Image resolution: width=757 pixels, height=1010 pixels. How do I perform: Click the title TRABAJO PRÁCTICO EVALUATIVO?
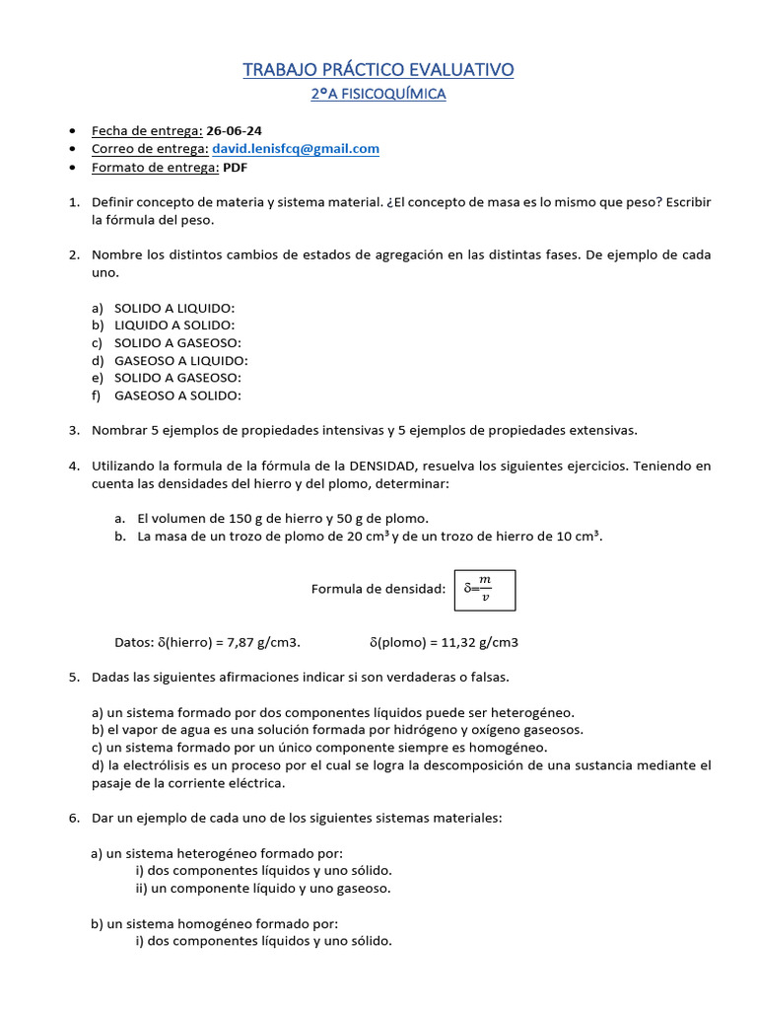click(x=378, y=69)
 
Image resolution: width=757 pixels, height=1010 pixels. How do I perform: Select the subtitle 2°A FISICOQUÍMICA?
click(x=378, y=95)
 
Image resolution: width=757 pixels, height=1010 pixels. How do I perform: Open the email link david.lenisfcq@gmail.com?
click(x=296, y=149)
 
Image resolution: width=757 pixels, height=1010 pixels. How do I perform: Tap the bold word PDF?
click(x=235, y=168)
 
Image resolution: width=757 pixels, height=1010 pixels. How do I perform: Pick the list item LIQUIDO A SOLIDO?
click(x=174, y=325)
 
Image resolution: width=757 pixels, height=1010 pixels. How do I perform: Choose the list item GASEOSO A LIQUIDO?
click(x=181, y=360)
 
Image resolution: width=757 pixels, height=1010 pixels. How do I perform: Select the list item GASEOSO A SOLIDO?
click(x=177, y=396)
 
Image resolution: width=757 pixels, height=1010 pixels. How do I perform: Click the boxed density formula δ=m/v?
click(x=484, y=590)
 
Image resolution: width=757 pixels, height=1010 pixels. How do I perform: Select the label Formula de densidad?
click(x=378, y=589)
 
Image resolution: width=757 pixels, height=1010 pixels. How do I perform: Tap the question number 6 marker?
click(x=74, y=818)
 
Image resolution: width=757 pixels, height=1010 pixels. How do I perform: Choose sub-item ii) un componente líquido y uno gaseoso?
click(x=263, y=888)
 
